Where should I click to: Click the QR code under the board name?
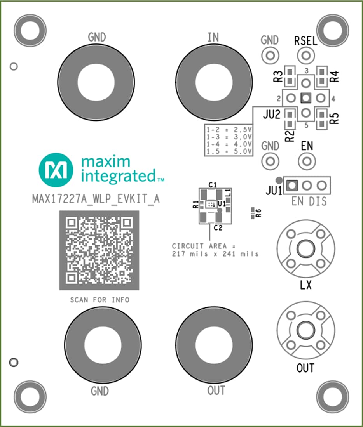(99, 250)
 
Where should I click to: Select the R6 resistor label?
(259, 213)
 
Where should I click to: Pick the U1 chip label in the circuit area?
(222, 203)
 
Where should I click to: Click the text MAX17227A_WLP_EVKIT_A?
(96, 199)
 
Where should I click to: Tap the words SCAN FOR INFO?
(99, 300)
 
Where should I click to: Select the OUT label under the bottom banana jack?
(216, 391)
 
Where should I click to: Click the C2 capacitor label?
(218, 228)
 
